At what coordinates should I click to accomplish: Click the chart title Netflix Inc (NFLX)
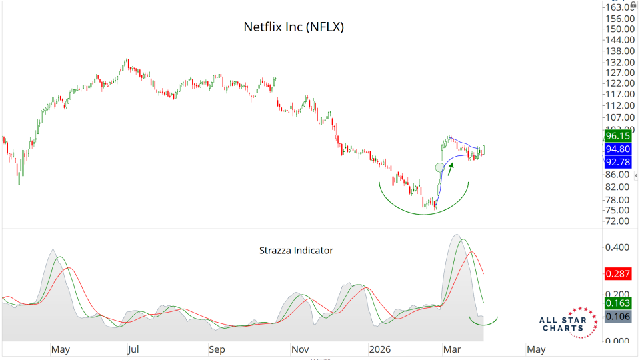[293, 28]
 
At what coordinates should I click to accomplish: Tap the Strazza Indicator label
[296, 251]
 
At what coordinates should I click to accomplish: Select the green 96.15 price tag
[617, 135]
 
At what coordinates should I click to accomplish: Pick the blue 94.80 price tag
[617, 149]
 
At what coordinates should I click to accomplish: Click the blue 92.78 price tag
[617, 161]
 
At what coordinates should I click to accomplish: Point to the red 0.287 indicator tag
[617, 273]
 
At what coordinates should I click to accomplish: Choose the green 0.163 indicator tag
[617, 302]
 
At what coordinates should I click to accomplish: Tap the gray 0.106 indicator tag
[617, 316]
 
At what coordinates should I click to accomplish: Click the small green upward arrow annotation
[451, 169]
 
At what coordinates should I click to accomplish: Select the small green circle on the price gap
[439, 167]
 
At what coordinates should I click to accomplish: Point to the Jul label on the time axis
[133, 349]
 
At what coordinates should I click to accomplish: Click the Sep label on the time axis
[217, 349]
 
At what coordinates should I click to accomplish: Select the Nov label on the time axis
[300, 349]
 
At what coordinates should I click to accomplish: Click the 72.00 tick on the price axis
[618, 221]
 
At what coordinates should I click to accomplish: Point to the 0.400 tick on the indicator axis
[618, 247]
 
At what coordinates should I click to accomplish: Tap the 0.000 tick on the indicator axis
[618, 341]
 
